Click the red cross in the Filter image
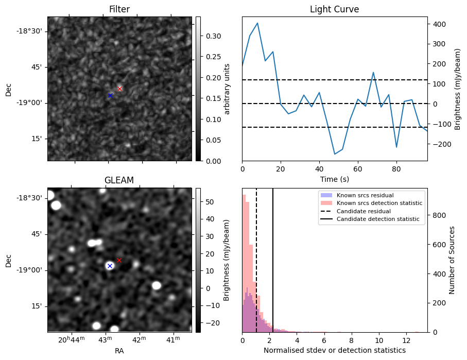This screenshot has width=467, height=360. [x=120, y=89]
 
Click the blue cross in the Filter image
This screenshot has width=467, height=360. [x=111, y=96]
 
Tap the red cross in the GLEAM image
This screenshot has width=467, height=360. [x=119, y=261]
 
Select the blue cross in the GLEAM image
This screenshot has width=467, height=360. [x=110, y=266]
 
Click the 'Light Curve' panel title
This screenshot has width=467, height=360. [x=335, y=9]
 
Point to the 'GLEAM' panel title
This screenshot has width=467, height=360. [x=119, y=180]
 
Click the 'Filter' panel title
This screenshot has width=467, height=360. [x=119, y=9]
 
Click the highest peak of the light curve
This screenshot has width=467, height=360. [x=257, y=23]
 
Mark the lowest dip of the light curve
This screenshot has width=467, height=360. [x=335, y=154]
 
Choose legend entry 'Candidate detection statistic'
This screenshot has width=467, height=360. [x=378, y=219]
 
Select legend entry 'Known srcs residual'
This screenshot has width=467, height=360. [x=365, y=195]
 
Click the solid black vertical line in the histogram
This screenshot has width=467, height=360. [x=273, y=260]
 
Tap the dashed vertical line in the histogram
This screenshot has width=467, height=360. [x=256, y=260]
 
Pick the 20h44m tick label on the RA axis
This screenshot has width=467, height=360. [x=72, y=339]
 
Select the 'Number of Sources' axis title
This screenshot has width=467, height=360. [x=452, y=260]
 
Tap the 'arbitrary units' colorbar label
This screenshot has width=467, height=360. [x=227, y=89]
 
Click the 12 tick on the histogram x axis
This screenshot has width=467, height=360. [x=407, y=340]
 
